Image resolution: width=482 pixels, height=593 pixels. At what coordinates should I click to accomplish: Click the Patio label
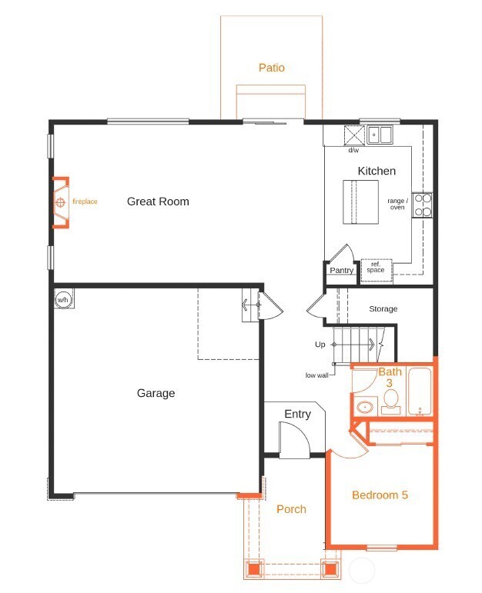271,68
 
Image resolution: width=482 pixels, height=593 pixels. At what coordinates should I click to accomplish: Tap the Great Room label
158,202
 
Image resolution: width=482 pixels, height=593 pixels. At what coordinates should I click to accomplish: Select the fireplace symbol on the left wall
60,203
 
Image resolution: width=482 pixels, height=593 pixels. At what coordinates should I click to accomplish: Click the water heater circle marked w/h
63,299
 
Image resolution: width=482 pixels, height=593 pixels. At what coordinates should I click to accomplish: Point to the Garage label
156,393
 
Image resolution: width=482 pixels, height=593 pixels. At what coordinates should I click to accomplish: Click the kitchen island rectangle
360,202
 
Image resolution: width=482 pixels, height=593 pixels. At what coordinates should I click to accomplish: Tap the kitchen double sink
380,135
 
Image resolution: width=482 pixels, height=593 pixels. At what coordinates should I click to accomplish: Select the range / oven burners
422,204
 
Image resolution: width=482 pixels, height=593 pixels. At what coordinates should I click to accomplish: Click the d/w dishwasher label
353,151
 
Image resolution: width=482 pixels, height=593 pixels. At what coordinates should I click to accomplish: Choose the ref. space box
376,268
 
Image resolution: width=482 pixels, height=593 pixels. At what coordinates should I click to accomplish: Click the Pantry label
341,270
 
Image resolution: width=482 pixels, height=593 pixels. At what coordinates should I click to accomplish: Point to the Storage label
383,309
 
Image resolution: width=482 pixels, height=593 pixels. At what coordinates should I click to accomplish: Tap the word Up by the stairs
320,345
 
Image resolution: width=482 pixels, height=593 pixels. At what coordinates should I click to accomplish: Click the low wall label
316,375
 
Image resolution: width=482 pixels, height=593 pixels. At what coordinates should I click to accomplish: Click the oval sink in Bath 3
365,406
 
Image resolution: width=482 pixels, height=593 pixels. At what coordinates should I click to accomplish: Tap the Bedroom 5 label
380,495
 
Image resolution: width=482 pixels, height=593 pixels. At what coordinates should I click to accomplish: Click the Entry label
297,415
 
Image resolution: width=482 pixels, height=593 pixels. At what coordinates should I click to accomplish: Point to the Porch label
291,509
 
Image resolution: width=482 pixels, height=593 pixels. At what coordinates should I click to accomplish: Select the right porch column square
330,570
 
